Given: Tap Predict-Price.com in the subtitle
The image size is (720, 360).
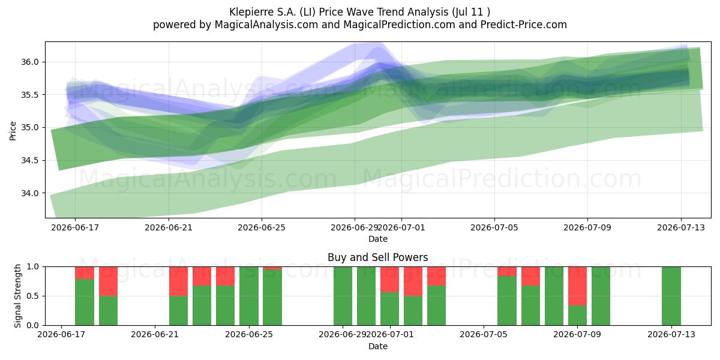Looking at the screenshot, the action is (x=524, y=25).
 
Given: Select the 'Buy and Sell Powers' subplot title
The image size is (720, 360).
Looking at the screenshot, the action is (x=377, y=257).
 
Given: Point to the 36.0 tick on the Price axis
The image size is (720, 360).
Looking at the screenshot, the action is (x=29, y=62).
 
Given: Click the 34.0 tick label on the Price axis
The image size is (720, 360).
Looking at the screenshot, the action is (x=29, y=193).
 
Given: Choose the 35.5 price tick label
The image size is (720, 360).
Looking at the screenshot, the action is (x=29, y=95).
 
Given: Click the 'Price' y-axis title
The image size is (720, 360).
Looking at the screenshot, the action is (x=13, y=131).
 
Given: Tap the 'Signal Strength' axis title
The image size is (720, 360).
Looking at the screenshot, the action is (x=17, y=296).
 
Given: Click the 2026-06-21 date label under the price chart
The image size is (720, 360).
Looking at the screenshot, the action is (x=169, y=227).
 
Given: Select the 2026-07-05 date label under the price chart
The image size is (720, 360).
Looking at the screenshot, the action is (x=494, y=227).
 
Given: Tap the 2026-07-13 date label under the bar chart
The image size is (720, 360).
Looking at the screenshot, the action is (x=671, y=335).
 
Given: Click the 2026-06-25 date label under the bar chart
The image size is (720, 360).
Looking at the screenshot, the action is (x=249, y=335).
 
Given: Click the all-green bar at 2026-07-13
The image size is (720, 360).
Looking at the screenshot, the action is (x=671, y=296).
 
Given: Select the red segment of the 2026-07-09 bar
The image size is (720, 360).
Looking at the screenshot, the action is (x=577, y=286).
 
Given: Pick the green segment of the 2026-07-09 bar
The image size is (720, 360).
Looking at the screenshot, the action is (x=577, y=316).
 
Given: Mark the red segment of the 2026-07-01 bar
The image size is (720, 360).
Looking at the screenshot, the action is (x=389, y=280).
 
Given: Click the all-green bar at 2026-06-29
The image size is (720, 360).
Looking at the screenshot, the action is (x=343, y=296).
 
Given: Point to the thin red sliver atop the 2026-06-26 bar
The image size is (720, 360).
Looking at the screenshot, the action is (x=272, y=268).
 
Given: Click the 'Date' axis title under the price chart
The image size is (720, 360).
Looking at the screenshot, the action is (x=377, y=239).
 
